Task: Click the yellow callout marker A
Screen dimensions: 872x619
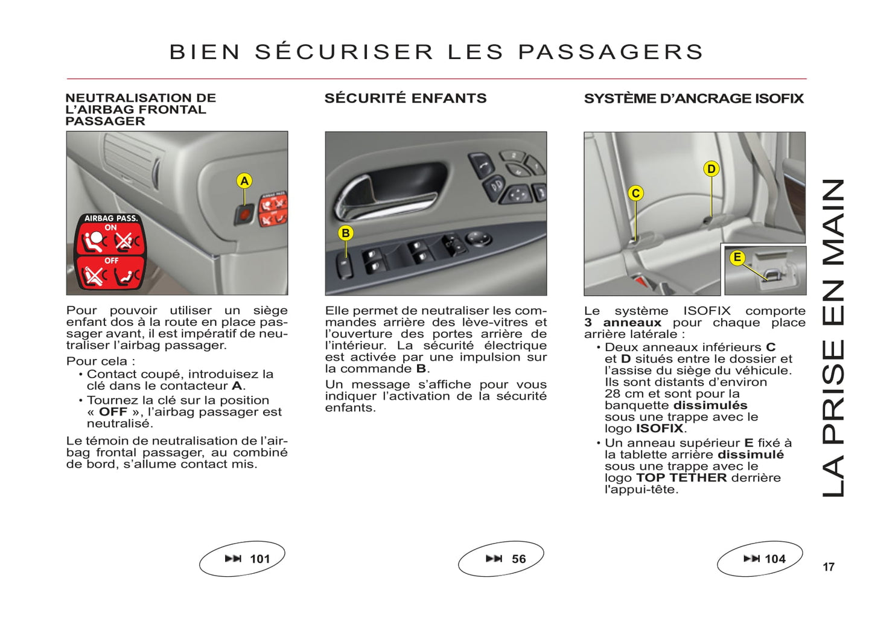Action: pos(244,181)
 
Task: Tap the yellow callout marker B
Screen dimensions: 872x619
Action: pos(345,233)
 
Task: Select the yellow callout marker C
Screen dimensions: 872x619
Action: pos(635,194)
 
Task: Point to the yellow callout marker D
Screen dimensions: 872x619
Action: pos(711,169)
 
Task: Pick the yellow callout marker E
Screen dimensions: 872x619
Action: pos(737,258)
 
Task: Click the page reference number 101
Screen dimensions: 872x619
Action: pos(259,559)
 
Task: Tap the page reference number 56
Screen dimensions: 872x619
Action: pos(518,559)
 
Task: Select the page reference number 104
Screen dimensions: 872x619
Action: pos(775,559)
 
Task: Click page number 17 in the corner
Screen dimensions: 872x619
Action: pos(829,567)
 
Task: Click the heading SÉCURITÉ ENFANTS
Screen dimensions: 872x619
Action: pos(406,98)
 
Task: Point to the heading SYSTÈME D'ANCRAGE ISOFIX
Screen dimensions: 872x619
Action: pos(694,98)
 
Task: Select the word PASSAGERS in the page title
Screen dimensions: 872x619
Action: pos(610,52)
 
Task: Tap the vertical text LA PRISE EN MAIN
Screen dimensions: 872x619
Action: pos(833,338)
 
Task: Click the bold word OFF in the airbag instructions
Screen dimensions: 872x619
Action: pos(113,411)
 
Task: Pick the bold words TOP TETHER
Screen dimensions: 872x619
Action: pos(681,477)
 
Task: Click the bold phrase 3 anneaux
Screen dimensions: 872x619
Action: pos(622,322)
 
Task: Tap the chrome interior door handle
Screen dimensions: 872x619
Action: pos(386,198)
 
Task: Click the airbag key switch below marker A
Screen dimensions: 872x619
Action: pos(244,215)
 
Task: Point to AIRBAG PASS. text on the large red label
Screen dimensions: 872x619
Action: pos(111,218)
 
